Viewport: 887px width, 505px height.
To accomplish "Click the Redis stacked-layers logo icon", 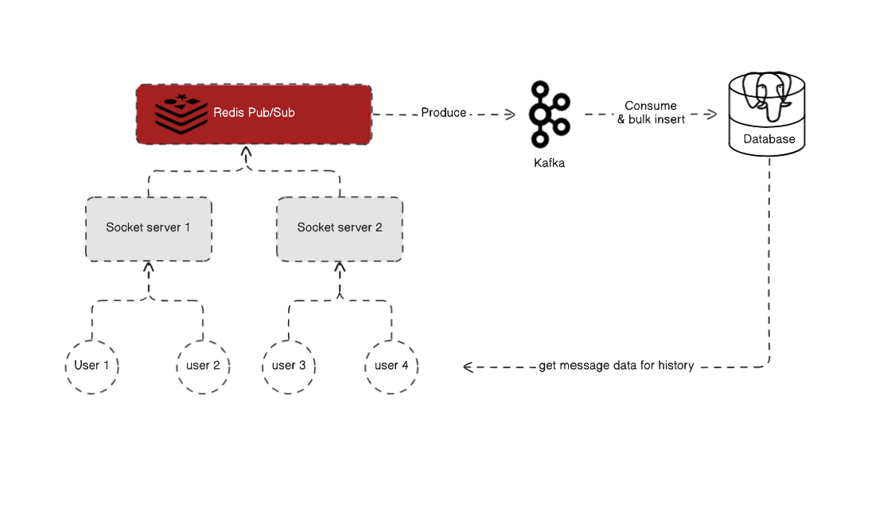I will (180, 113).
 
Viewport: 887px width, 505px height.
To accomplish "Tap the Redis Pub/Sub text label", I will (254, 113).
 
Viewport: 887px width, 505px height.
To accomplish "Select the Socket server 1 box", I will (148, 228).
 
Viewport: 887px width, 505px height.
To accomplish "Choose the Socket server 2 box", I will (340, 228).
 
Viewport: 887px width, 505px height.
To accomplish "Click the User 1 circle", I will (91, 366).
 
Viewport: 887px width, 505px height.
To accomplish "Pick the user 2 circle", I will (203, 366).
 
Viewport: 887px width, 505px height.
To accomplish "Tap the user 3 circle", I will (289, 366).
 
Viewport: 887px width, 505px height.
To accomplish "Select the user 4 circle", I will (391, 366).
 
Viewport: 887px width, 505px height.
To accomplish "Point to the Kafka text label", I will (549, 163).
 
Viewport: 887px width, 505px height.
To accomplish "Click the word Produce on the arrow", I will (444, 113).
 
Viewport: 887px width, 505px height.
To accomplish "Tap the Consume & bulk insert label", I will (651, 112).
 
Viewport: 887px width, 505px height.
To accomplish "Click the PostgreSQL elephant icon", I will (767, 94).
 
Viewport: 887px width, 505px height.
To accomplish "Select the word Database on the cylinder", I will (768, 139).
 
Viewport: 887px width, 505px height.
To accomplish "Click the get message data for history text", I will (617, 366).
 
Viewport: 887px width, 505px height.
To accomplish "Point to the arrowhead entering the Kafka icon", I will (510, 114).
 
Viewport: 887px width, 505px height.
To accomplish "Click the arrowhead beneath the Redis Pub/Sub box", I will (247, 151).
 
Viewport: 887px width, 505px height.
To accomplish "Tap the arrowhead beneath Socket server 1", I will (148, 267).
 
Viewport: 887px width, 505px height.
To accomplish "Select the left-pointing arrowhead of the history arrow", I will (469, 367).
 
